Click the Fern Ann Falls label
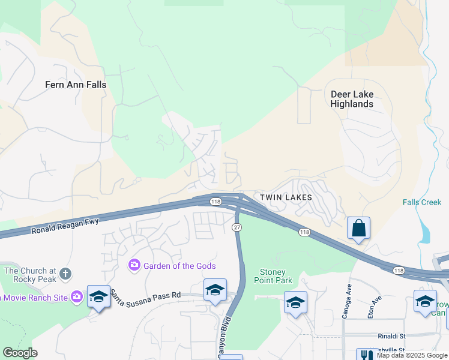point(76,85)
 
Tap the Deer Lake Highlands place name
point(352,99)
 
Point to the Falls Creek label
point(422,202)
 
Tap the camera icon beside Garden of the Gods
point(134,265)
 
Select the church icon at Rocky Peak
point(65,274)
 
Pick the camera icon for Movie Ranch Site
point(76,296)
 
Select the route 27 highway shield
point(237,227)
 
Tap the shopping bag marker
point(358,229)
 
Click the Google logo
point(20,353)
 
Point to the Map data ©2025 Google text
point(412,355)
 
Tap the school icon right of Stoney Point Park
point(295,303)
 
